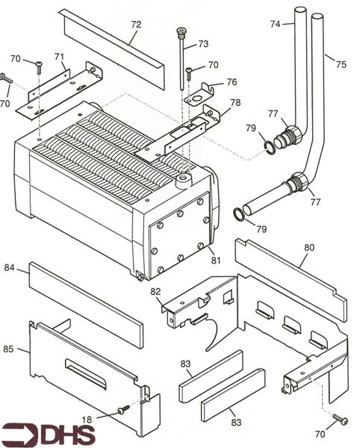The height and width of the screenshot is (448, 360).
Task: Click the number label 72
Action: (135, 25)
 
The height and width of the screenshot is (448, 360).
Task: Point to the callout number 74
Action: (276, 25)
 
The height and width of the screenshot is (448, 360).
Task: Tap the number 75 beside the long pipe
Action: (341, 65)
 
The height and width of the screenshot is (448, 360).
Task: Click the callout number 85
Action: (9, 348)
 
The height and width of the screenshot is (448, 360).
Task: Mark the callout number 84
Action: (9, 267)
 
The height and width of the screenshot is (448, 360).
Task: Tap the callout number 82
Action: (155, 291)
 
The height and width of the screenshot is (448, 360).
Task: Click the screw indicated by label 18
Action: (122, 409)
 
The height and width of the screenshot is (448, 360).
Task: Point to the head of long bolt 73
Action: (180, 31)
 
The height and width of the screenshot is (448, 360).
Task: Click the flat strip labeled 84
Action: (86, 305)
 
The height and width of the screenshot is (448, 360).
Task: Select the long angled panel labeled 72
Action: (112, 49)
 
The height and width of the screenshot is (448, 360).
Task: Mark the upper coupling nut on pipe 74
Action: (290, 136)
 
